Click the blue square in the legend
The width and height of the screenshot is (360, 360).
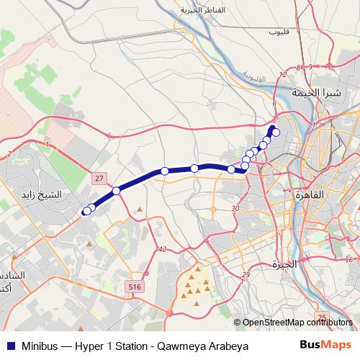[x=9, y=346]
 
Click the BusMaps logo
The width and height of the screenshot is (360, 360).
[x=326, y=346]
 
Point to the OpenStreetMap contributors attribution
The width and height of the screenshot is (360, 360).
[x=297, y=323]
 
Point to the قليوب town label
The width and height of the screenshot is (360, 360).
[x=278, y=32]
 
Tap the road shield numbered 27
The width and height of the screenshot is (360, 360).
[x=99, y=177]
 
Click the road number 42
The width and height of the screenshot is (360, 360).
[x=162, y=249]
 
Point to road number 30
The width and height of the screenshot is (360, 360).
[x=235, y=208]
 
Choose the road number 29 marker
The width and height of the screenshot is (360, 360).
[x=246, y=275]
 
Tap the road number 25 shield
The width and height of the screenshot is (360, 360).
[x=322, y=317]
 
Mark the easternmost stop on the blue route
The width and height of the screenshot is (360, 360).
[x=275, y=132]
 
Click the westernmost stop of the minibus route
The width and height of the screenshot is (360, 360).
[x=86, y=211]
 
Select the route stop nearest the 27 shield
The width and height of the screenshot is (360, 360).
[x=116, y=191]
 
